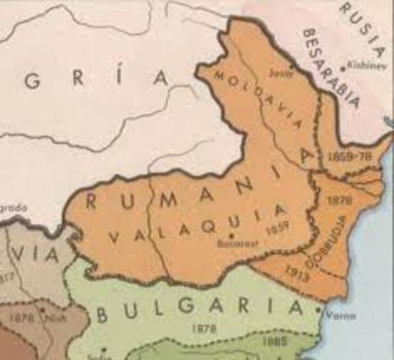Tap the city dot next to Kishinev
344,68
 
